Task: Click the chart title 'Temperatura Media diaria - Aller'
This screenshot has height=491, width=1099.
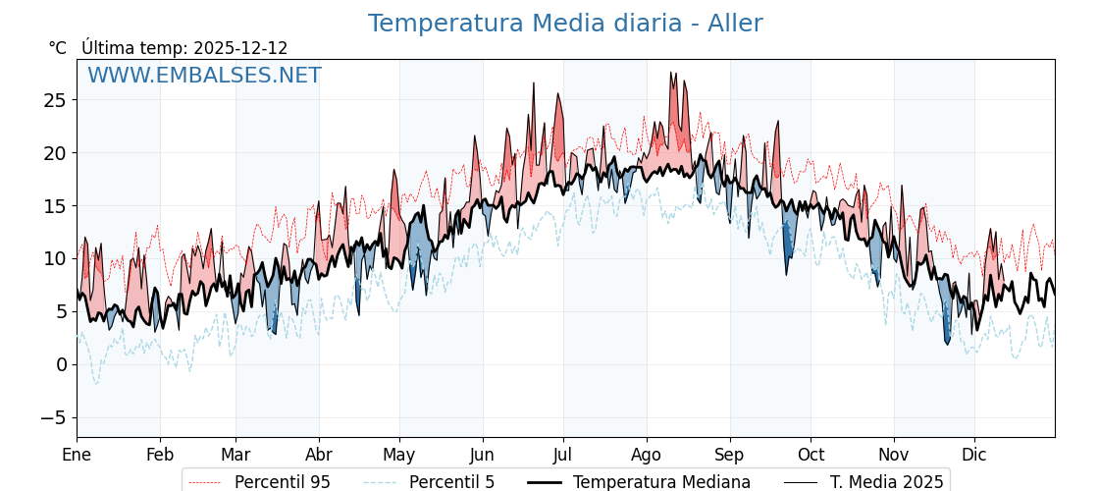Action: (564, 24)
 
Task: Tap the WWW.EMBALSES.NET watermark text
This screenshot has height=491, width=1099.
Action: (204, 76)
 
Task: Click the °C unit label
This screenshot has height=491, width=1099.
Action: (57, 48)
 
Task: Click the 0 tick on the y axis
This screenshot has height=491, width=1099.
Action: (61, 364)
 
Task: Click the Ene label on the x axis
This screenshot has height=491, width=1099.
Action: (77, 455)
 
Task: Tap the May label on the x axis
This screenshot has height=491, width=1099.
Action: (399, 455)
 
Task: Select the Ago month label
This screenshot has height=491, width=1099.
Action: (647, 455)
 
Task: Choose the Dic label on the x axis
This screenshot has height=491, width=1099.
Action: (974, 455)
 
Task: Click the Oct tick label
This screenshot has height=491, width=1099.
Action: (811, 455)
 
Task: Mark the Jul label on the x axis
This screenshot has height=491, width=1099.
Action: (563, 455)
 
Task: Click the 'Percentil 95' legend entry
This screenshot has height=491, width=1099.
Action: (282, 482)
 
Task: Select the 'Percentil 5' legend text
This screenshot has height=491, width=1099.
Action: (451, 482)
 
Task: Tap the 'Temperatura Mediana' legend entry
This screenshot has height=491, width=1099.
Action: (661, 482)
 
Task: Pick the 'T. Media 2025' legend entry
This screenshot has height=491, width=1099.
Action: (886, 482)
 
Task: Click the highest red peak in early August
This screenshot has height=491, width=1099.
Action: (672, 72)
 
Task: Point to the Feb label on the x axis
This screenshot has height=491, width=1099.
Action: (160, 455)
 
